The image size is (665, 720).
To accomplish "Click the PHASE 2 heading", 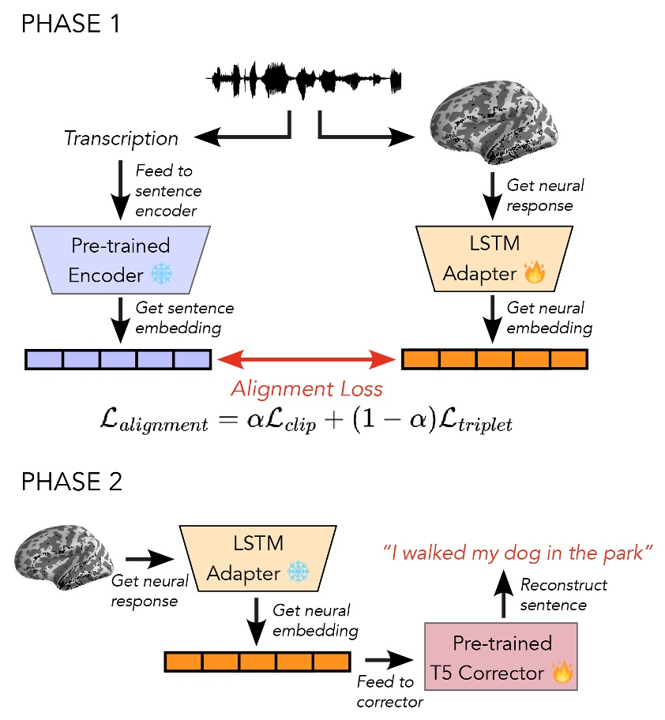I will pyautogui.click(x=70, y=482).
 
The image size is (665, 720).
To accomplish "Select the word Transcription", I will pyautogui.click(x=121, y=139).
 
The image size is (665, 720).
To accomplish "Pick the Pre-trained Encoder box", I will pyautogui.click(x=119, y=256).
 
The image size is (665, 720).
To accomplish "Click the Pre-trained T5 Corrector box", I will pyautogui.click(x=501, y=657).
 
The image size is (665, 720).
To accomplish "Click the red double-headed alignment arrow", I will pyautogui.click(x=306, y=360).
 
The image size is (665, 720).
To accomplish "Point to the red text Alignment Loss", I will pyautogui.click(x=306, y=388).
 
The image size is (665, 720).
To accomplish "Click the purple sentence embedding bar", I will pyautogui.click(x=118, y=360).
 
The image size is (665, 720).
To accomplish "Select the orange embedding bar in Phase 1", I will pyautogui.click(x=494, y=360).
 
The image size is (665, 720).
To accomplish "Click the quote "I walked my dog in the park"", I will pyautogui.click(x=518, y=553).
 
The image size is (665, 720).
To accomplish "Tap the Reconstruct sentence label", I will pyautogui.click(x=563, y=595).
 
